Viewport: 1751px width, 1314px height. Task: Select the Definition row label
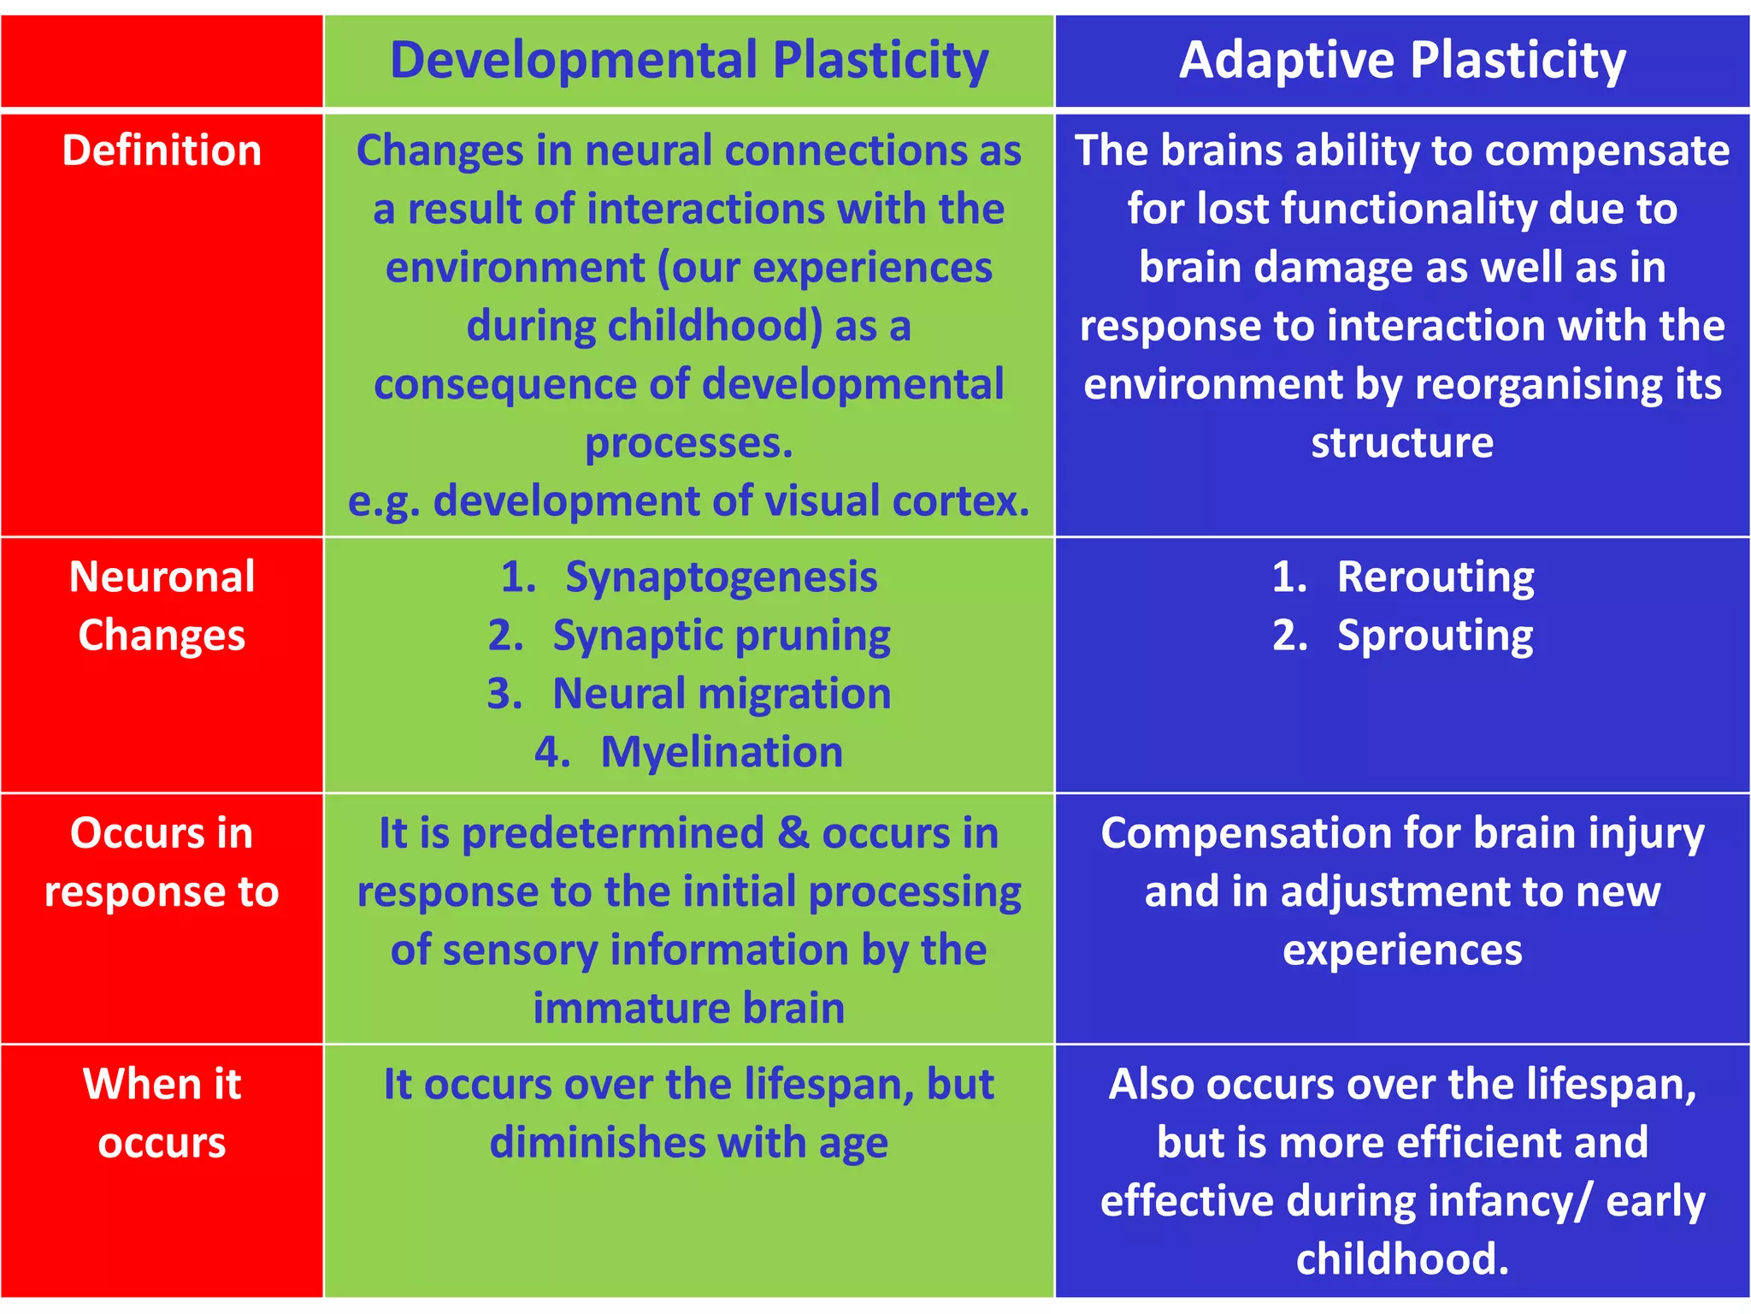[162, 151]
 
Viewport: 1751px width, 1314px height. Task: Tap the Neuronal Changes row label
[162, 606]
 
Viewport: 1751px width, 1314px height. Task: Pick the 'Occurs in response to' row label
[162, 861]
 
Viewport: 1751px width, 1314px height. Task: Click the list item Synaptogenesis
[721, 577]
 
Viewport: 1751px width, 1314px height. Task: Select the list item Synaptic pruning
[721, 636]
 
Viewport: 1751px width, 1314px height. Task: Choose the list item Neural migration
[721, 694]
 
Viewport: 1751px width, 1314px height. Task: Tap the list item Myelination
[721, 752]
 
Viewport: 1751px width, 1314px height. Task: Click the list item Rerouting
[1435, 577]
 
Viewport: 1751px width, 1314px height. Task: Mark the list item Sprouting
[1435, 636]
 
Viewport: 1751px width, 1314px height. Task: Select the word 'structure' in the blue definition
[1402, 443]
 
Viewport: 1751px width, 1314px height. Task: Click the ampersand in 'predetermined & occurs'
[793, 832]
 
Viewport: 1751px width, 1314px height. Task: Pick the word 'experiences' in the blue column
[1402, 950]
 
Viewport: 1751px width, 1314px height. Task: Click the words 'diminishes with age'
[688, 1143]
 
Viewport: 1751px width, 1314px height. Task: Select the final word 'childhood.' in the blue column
[1402, 1259]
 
